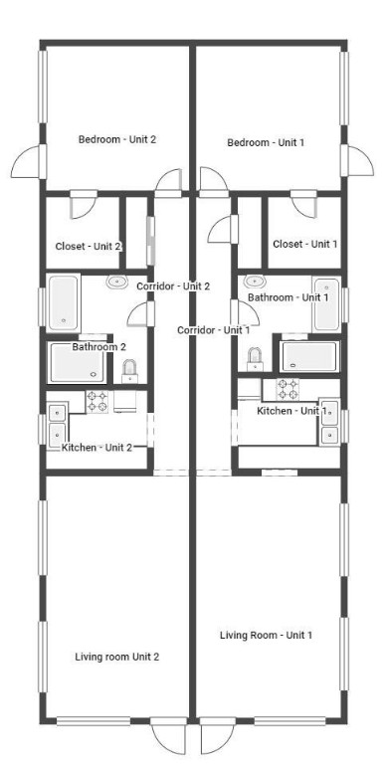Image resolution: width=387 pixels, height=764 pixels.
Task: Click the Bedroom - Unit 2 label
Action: tap(117, 139)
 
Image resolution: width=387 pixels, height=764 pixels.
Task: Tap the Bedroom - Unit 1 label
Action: tap(266, 143)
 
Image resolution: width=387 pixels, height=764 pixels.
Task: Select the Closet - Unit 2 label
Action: tap(84, 247)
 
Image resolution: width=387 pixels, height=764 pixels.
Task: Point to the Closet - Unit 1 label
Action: tap(304, 244)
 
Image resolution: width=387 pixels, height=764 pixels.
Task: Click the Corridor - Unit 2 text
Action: tap(173, 286)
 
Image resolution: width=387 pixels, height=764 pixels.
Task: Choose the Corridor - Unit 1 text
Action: tap(213, 329)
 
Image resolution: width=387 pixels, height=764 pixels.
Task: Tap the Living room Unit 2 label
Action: tap(117, 657)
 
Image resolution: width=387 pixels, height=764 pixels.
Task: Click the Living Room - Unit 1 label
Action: tap(266, 635)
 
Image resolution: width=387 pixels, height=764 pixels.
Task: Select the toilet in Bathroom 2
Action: tap(129, 370)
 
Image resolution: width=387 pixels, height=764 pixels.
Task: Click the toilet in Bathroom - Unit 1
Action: tap(255, 357)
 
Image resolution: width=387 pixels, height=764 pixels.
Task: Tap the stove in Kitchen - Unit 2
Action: tap(97, 402)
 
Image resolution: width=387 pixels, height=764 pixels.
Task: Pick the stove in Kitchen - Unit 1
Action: tap(288, 387)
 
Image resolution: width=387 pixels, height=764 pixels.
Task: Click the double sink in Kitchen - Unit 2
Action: tap(57, 422)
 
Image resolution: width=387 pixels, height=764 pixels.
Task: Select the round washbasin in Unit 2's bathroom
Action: tap(115, 283)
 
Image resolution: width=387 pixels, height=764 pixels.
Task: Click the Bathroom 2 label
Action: tap(98, 347)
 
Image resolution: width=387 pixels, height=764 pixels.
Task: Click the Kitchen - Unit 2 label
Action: tap(97, 448)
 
